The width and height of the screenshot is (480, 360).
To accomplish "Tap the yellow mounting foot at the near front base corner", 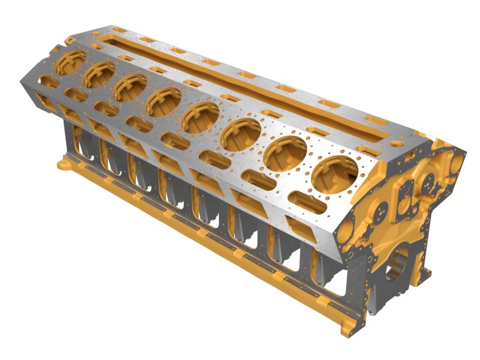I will (x=347, y=328).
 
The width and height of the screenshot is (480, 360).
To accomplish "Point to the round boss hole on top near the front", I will (x=395, y=144).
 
